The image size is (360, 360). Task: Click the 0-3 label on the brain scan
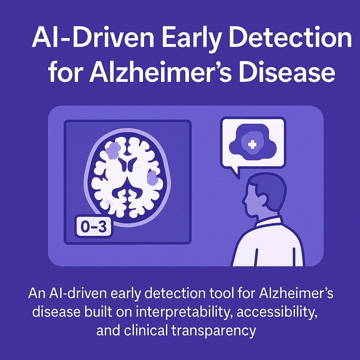point(93,227)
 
